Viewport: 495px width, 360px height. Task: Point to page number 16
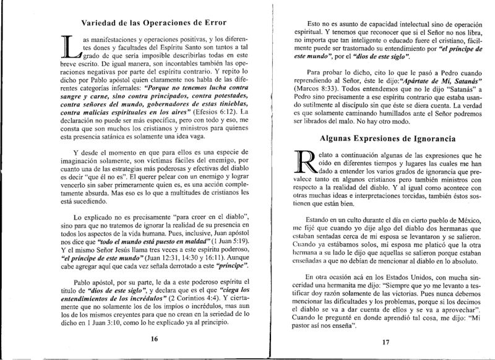(147, 340)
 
